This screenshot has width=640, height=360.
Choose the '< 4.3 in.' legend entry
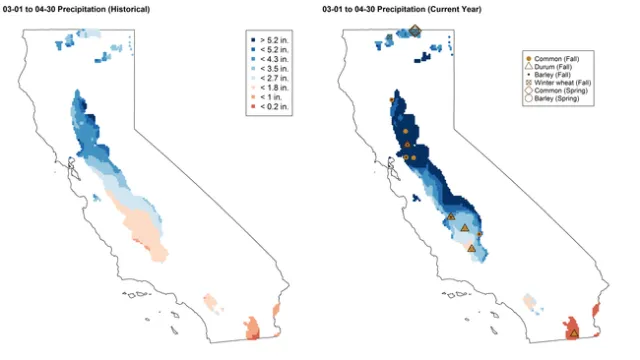point(272,58)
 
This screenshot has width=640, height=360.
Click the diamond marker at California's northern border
point(414,31)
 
